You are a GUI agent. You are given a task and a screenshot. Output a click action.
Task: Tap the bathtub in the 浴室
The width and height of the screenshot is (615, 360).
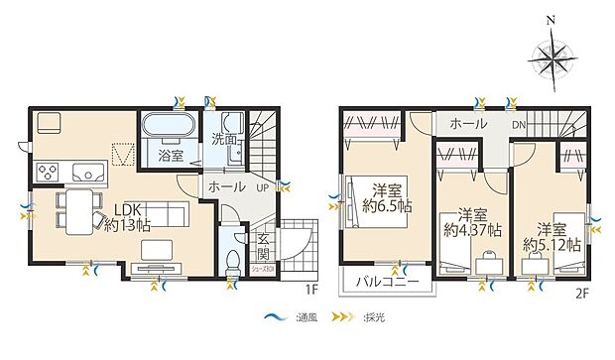[170, 129]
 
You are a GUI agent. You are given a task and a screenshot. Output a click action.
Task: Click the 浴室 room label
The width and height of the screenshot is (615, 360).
[171, 156]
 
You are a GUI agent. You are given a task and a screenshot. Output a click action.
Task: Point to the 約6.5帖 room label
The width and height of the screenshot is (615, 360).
[388, 198]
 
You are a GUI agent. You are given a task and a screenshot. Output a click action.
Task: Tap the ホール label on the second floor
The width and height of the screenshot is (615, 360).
[468, 124]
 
